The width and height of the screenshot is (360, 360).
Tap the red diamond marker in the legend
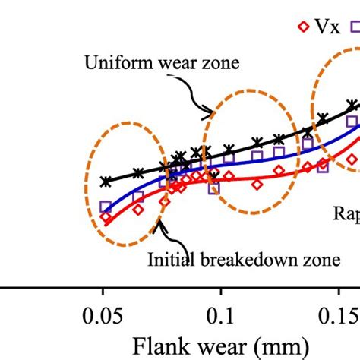click(x=303, y=27)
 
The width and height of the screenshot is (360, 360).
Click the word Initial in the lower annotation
click(x=171, y=261)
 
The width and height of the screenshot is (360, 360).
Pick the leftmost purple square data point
click(x=105, y=207)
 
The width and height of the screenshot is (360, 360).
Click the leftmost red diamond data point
click(x=106, y=219)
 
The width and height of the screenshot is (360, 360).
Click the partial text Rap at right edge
click(x=346, y=213)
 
